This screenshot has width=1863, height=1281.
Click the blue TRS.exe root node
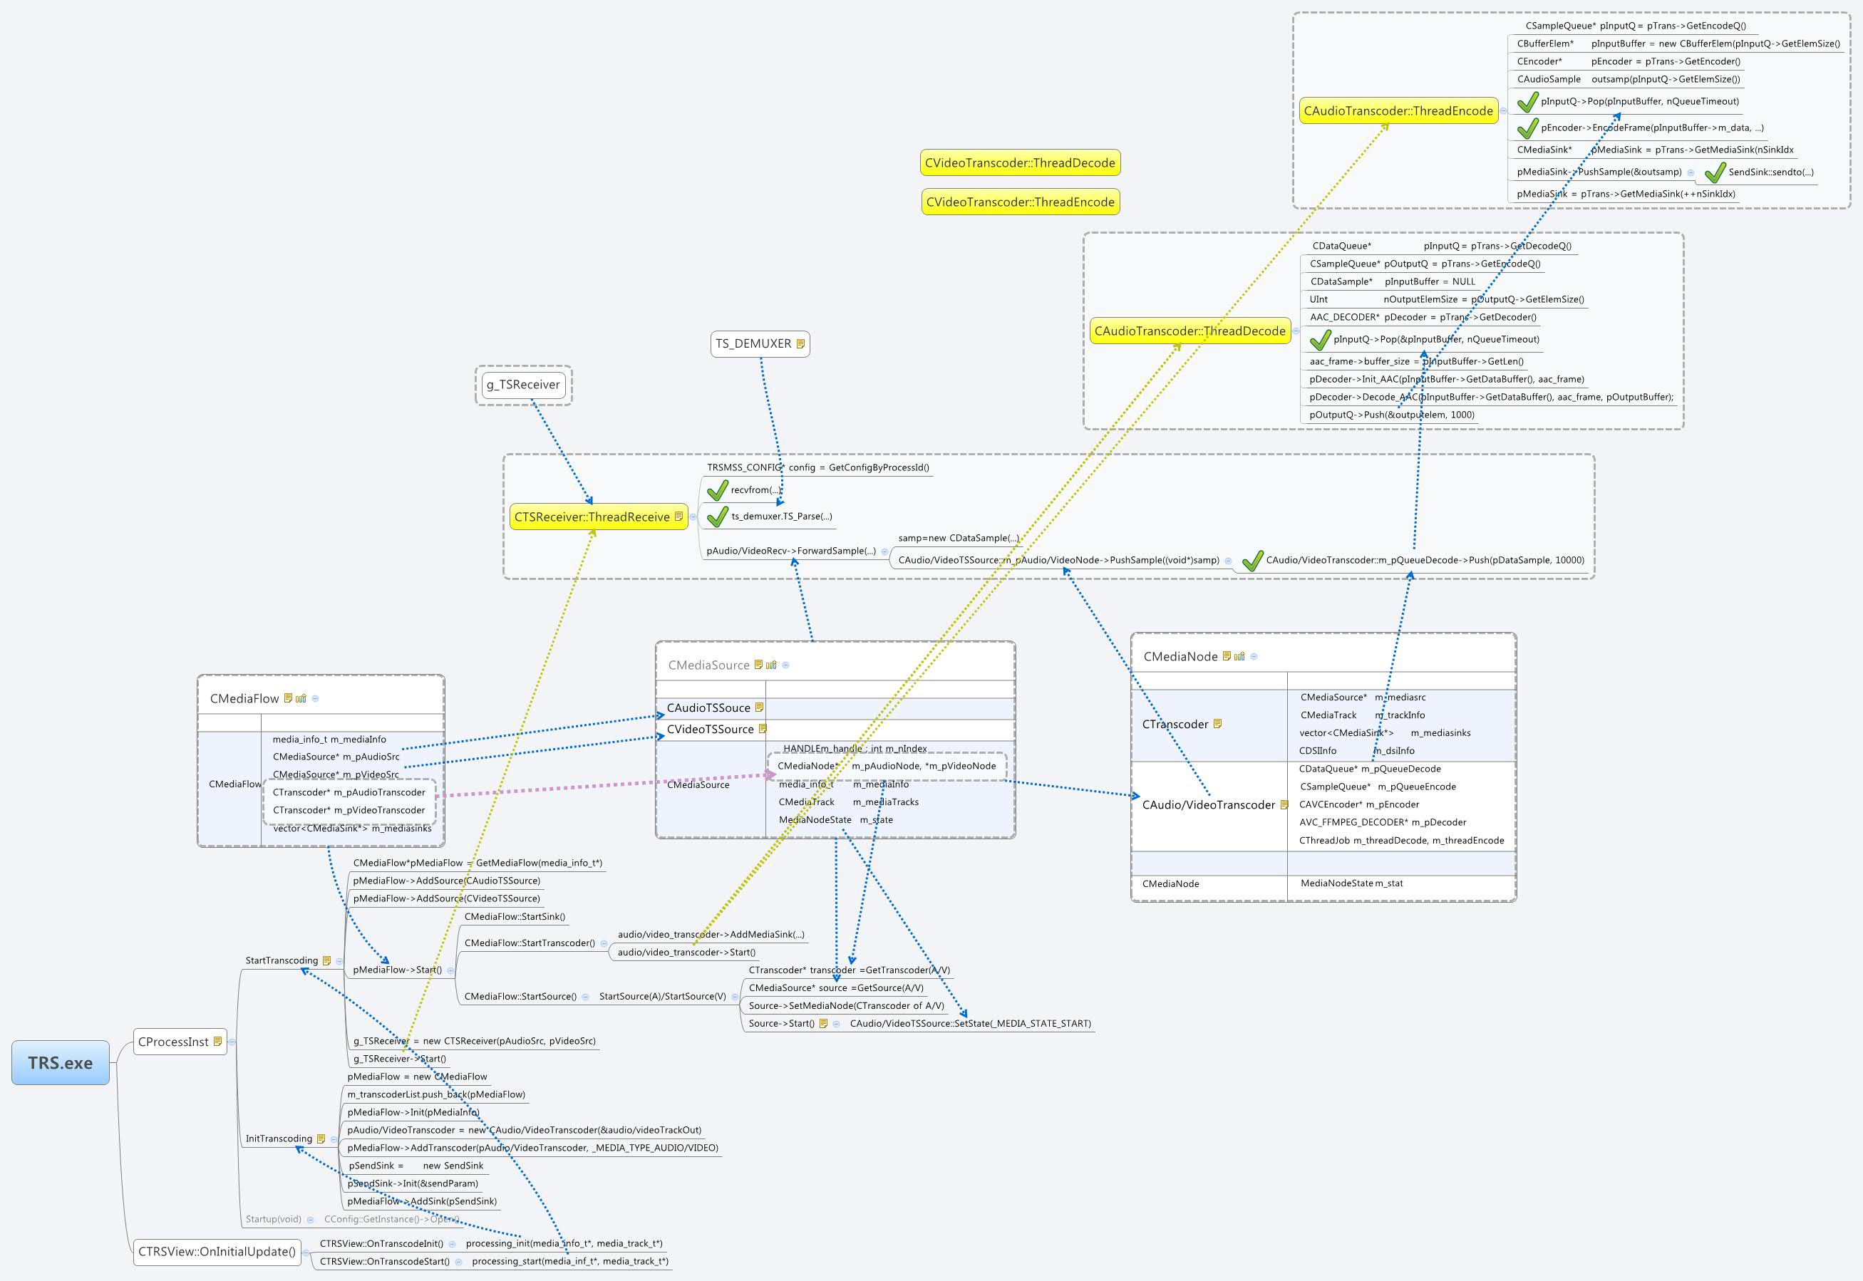(x=60, y=1063)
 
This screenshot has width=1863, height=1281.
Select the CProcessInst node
(x=173, y=1042)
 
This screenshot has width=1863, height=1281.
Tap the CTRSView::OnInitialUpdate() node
(x=217, y=1251)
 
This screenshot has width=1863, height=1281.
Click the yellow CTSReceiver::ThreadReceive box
(x=592, y=517)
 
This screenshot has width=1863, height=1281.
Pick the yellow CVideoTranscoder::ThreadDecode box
(x=1019, y=163)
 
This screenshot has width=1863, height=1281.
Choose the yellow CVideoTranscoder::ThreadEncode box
(x=1019, y=202)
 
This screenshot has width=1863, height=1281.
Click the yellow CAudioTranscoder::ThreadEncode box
(x=1398, y=110)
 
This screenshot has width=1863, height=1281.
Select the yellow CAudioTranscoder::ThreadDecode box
(x=1189, y=331)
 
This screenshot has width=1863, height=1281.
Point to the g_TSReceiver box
(x=522, y=385)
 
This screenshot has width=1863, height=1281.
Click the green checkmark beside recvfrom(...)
(x=717, y=489)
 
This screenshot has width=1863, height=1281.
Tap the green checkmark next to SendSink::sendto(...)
(x=1714, y=172)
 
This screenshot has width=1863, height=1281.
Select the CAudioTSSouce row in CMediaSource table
(x=708, y=708)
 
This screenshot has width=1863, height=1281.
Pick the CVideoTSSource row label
(x=710, y=729)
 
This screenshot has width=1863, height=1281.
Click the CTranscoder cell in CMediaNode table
(x=1175, y=724)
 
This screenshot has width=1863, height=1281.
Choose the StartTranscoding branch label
(x=281, y=960)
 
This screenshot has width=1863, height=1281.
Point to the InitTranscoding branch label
(x=278, y=1139)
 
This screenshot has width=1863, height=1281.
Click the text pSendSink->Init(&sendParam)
(x=413, y=1183)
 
